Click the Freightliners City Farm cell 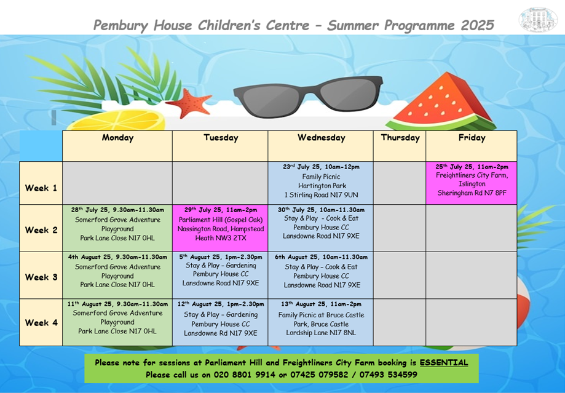pyautogui.click(x=472, y=183)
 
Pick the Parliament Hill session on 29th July pyautogui.click(x=220, y=228)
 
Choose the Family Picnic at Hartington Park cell pyautogui.click(x=321, y=183)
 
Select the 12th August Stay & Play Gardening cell pyautogui.click(x=220, y=322)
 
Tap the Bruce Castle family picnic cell pyautogui.click(x=321, y=322)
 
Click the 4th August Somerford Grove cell pyautogui.click(x=117, y=275)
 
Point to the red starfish pyautogui.click(x=189, y=103)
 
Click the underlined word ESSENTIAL pyautogui.click(x=443, y=363)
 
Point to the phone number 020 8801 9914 pyautogui.click(x=244, y=375)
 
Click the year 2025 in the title pyautogui.click(x=477, y=25)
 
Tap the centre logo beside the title pyautogui.click(x=537, y=20)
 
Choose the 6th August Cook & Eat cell pyautogui.click(x=321, y=275)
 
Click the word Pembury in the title pyautogui.click(x=121, y=26)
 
